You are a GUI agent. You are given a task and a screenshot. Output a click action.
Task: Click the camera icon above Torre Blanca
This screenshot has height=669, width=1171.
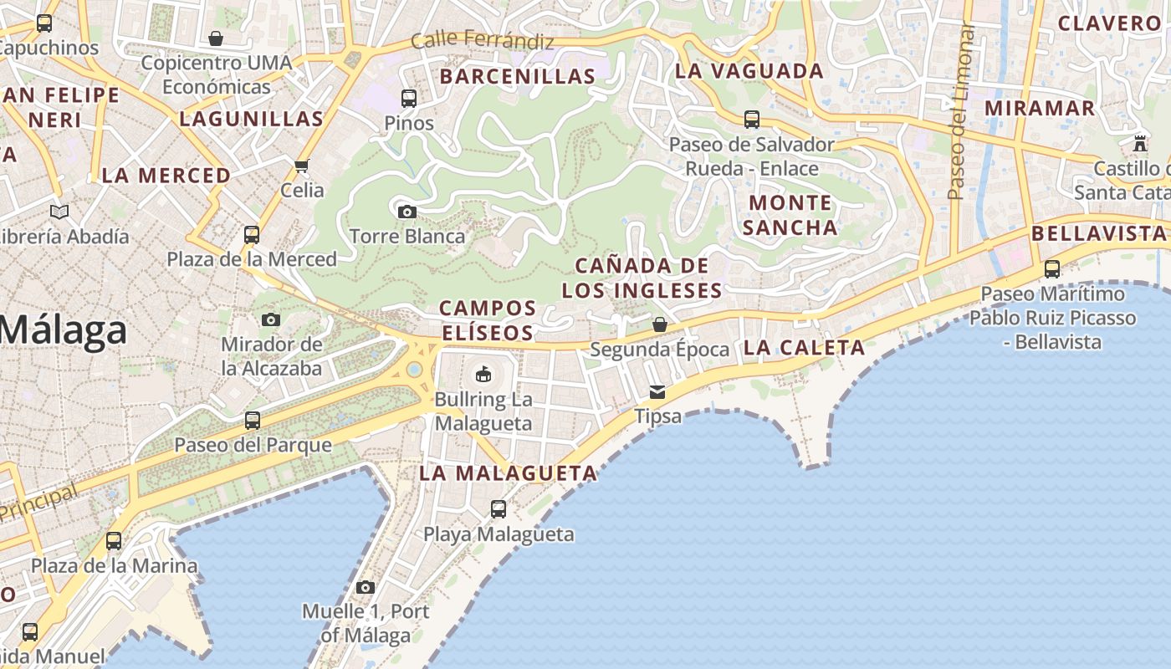407,212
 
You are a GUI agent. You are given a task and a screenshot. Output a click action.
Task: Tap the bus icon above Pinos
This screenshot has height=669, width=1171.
409,99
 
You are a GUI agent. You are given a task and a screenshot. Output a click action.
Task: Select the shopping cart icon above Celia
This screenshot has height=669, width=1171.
302,166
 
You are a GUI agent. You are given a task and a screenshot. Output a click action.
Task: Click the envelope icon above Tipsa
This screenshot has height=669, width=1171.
658,391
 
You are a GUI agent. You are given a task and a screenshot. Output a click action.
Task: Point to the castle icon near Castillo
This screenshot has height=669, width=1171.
1140,144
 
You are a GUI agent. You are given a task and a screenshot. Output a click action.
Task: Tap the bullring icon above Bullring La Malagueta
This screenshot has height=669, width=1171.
483,374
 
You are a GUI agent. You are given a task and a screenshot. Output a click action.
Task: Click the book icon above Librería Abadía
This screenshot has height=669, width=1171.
59,212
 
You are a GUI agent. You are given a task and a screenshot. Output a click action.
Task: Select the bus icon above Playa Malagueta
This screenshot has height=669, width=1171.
499,508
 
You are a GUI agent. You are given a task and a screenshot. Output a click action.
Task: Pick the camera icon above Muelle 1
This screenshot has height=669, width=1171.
366,587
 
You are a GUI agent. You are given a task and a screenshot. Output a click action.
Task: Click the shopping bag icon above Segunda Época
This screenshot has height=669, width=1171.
660,324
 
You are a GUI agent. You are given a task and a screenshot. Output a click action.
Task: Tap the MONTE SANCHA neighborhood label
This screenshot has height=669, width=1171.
790,215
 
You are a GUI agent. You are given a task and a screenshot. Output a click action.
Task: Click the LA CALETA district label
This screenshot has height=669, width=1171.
804,348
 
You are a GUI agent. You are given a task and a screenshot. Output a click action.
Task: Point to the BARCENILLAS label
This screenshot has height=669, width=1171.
518,76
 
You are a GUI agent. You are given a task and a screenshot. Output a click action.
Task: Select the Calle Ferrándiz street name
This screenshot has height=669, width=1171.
483,39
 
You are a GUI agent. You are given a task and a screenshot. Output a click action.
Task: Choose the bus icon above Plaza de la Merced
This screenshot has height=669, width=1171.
252,235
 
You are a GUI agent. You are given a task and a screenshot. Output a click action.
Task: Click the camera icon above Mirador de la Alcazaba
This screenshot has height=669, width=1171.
271,319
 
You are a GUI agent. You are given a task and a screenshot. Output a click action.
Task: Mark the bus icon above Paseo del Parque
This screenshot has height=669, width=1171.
253,420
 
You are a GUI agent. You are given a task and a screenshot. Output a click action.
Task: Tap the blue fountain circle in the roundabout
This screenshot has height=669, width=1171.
414,369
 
